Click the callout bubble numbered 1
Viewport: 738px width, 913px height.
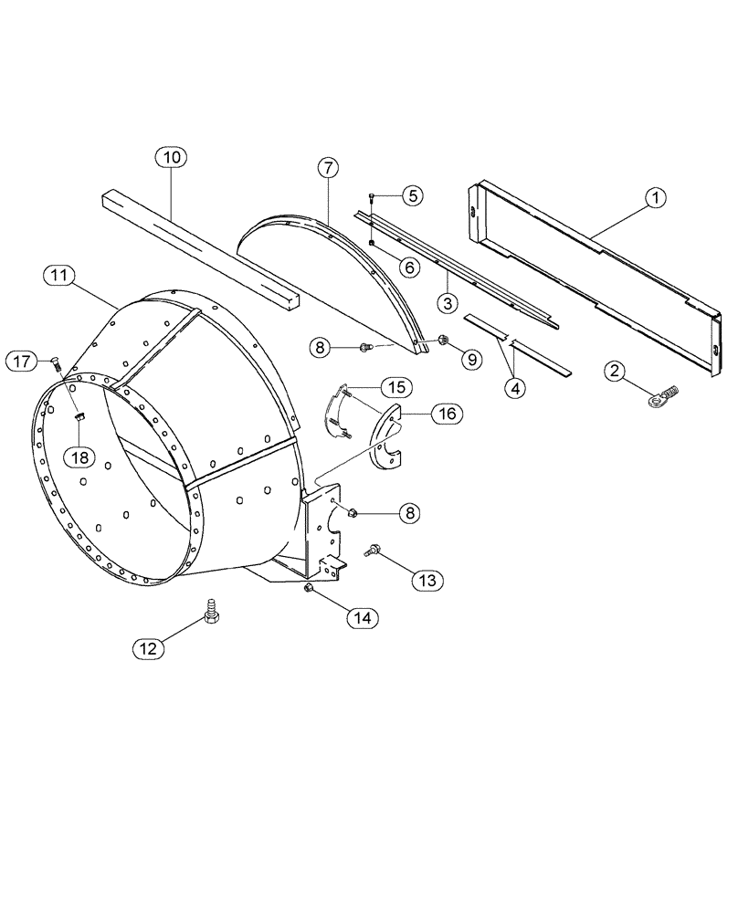(x=656, y=196)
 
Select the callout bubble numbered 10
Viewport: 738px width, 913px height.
(x=171, y=157)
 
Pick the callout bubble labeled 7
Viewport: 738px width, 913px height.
(x=328, y=168)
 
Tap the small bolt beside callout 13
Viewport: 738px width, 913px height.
(x=374, y=551)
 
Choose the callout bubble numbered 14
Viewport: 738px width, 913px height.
(x=363, y=618)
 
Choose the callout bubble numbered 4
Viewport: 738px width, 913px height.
(x=516, y=387)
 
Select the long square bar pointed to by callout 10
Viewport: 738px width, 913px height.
(x=201, y=250)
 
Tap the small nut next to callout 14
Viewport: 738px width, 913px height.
(x=310, y=590)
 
